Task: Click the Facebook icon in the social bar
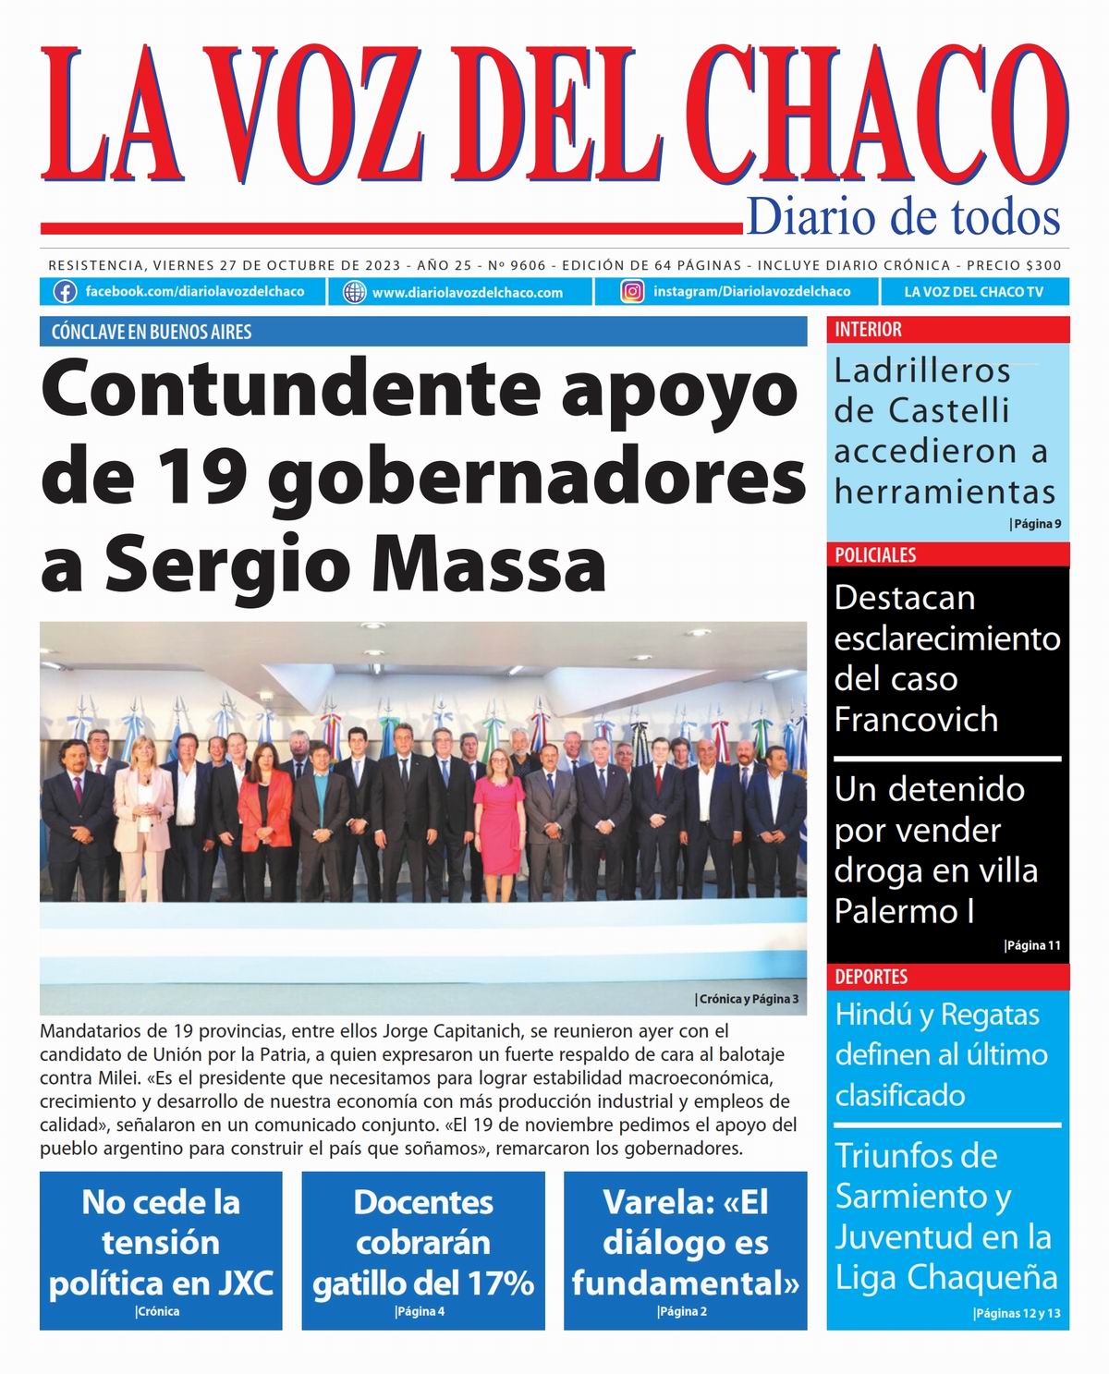65,292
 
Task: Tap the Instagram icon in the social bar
632,292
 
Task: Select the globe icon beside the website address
354,292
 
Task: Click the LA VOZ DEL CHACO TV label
973,292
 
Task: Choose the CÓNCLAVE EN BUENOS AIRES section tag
152,332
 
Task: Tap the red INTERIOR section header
868,329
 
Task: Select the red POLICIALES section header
875,554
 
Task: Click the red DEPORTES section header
871,977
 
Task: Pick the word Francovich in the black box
916,720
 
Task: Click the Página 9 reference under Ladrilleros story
1035,524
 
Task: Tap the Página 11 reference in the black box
1032,945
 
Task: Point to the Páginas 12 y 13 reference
1017,1314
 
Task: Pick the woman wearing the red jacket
265,818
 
